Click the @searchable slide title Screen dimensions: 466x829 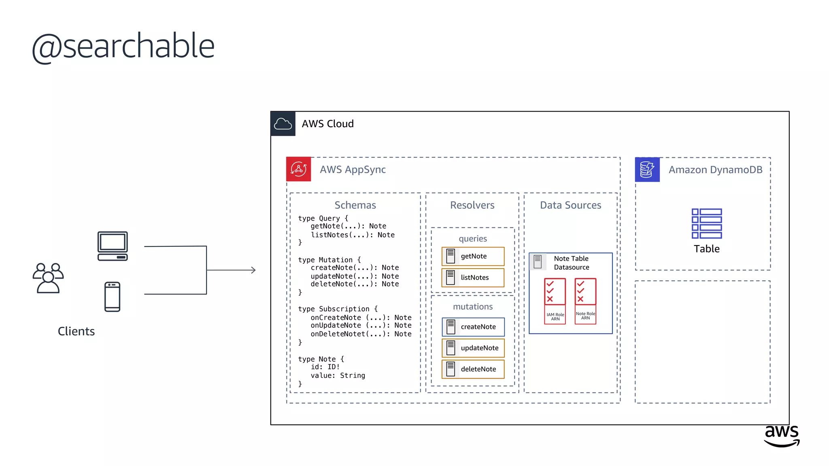(123, 46)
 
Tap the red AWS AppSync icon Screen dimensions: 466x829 (299, 169)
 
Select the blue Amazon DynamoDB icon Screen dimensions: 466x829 (647, 169)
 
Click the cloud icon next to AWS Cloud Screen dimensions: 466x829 (283, 124)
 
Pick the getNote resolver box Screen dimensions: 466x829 (473, 256)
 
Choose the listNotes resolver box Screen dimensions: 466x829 (473, 277)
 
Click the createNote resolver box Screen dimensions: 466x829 (473, 327)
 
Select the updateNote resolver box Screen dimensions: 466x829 (473, 348)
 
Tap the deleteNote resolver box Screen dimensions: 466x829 (473, 369)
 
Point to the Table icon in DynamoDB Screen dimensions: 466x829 (707, 224)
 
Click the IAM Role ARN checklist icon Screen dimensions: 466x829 (555, 292)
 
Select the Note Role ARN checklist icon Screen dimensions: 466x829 (585, 292)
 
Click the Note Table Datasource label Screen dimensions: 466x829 (571, 263)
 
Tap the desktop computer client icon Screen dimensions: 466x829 (113, 246)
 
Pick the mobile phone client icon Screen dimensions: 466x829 (112, 297)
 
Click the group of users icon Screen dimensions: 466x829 (48, 278)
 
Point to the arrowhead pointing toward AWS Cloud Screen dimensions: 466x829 (253, 270)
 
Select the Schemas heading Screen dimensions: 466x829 (355, 205)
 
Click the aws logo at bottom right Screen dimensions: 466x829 (782, 436)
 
